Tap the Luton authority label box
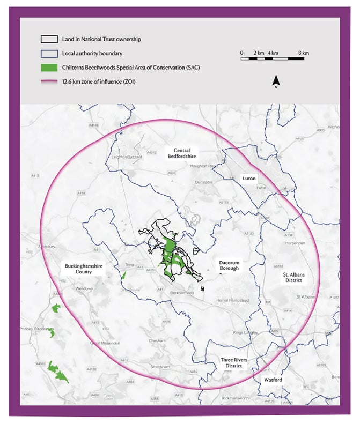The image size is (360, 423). [249, 177]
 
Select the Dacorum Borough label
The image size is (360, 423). [232, 265]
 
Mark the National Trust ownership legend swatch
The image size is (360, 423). [49, 39]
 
